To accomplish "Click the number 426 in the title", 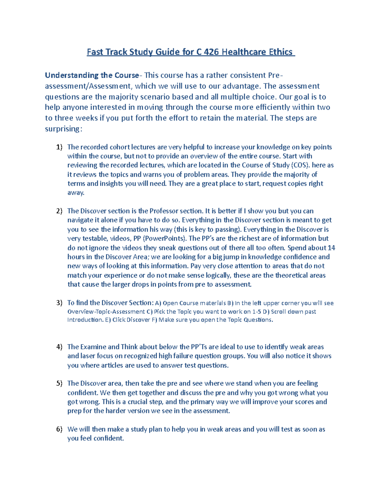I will click(x=211, y=52).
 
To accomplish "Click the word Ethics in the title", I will click(x=280, y=52).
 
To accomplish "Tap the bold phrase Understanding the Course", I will click(x=92, y=75).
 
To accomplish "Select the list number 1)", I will click(x=59, y=147).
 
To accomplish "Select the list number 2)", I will click(x=59, y=211).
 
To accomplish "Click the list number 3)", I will click(x=59, y=303).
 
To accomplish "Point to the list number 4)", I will click(x=59, y=347).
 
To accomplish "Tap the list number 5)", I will click(x=59, y=383).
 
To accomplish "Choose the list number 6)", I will click(x=59, y=429).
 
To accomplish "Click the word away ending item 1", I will click(x=75, y=193).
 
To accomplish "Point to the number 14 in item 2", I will click(x=331, y=248).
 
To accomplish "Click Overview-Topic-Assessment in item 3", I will click(x=106, y=311).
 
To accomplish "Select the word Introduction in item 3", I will click(x=85, y=320).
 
